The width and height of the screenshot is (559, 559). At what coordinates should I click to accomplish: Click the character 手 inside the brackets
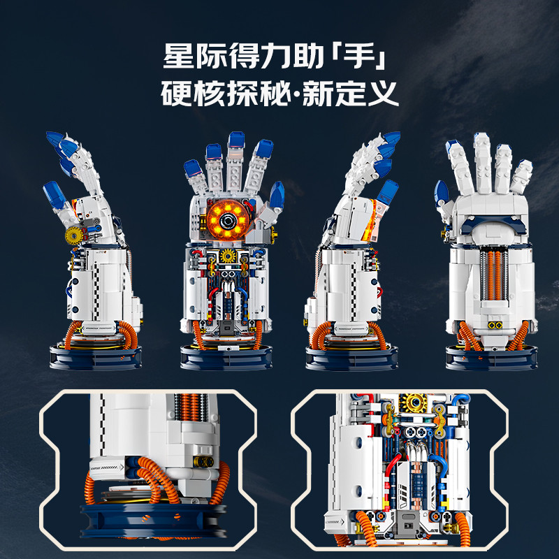[359, 56]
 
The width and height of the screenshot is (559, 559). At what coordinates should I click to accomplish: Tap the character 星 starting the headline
[178, 56]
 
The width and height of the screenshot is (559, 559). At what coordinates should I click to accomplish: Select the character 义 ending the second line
[383, 94]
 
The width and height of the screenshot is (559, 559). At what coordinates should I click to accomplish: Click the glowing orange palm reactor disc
[228, 219]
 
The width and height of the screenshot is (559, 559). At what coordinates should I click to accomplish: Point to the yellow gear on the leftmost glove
[74, 235]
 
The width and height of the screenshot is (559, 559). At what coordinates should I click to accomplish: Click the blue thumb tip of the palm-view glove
[277, 195]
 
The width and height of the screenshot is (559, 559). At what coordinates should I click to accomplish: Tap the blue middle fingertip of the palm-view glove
[236, 140]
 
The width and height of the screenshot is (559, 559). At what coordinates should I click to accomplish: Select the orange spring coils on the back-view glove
[494, 275]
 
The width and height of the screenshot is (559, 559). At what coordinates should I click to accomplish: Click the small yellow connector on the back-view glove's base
[495, 325]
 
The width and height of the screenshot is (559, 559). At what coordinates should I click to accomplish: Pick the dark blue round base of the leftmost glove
[96, 358]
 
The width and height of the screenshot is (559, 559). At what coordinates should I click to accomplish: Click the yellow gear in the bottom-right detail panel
[414, 403]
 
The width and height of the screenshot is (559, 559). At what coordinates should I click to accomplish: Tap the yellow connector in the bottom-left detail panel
[204, 462]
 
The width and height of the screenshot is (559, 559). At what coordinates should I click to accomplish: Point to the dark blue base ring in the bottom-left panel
[153, 520]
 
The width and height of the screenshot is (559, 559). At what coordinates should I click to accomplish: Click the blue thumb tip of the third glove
[388, 192]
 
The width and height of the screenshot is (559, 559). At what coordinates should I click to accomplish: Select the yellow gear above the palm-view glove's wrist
[228, 256]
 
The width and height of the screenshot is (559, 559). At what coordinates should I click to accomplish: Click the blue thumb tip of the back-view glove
[441, 194]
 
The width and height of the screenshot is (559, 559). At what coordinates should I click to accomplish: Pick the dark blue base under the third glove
[351, 358]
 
